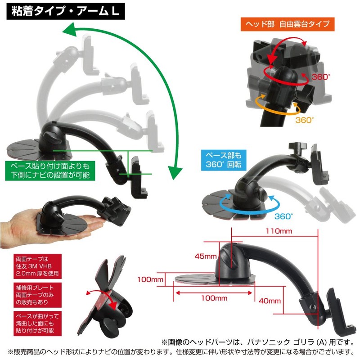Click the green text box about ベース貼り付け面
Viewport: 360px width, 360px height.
pos(50,171)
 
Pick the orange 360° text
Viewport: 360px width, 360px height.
pos(304,120)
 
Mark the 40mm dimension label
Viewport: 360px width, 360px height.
pos(270,301)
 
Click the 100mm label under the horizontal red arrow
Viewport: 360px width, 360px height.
pos(214,298)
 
